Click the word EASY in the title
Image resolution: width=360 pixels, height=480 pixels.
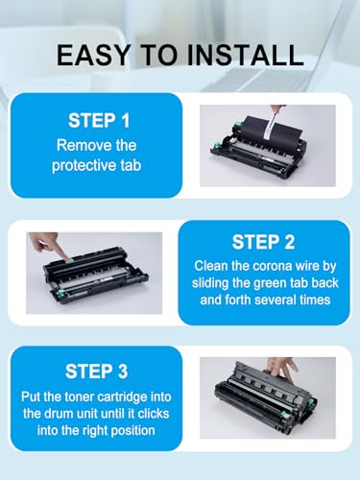(x=93, y=55)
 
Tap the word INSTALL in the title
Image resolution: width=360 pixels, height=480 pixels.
(x=245, y=55)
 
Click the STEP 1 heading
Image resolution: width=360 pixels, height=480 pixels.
(x=99, y=121)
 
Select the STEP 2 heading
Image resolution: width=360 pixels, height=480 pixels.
(x=263, y=242)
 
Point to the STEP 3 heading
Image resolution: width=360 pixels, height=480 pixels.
(x=96, y=372)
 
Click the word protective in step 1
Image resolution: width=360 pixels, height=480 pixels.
(x=84, y=166)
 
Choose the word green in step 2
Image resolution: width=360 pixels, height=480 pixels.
(x=272, y=283)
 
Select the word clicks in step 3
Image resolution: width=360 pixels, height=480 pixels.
(x=153, y=414)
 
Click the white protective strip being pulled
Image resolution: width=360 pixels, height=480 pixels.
(x=271, y=125)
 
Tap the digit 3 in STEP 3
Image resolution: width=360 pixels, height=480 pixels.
(x=122, y=372)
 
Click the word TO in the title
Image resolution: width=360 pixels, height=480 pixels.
(x=157, y=55)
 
